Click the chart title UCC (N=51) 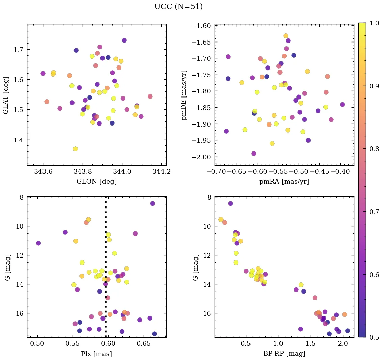pos(178,7)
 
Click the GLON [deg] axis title pos(96,181)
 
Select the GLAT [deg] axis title pos(6,95)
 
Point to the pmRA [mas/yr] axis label pos(284,181)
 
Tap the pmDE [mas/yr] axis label pos(184,95)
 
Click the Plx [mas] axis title pos(96,354)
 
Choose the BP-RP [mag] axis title pos(284,354)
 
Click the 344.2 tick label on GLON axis pos(161,171)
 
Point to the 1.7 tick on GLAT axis pos(19,50)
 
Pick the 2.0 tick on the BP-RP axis pos(343,344)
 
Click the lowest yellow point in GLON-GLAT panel pos(75,149)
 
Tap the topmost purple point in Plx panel pos(152,203)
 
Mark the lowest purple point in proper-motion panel pos(254,154)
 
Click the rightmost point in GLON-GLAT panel pos(150,96)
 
